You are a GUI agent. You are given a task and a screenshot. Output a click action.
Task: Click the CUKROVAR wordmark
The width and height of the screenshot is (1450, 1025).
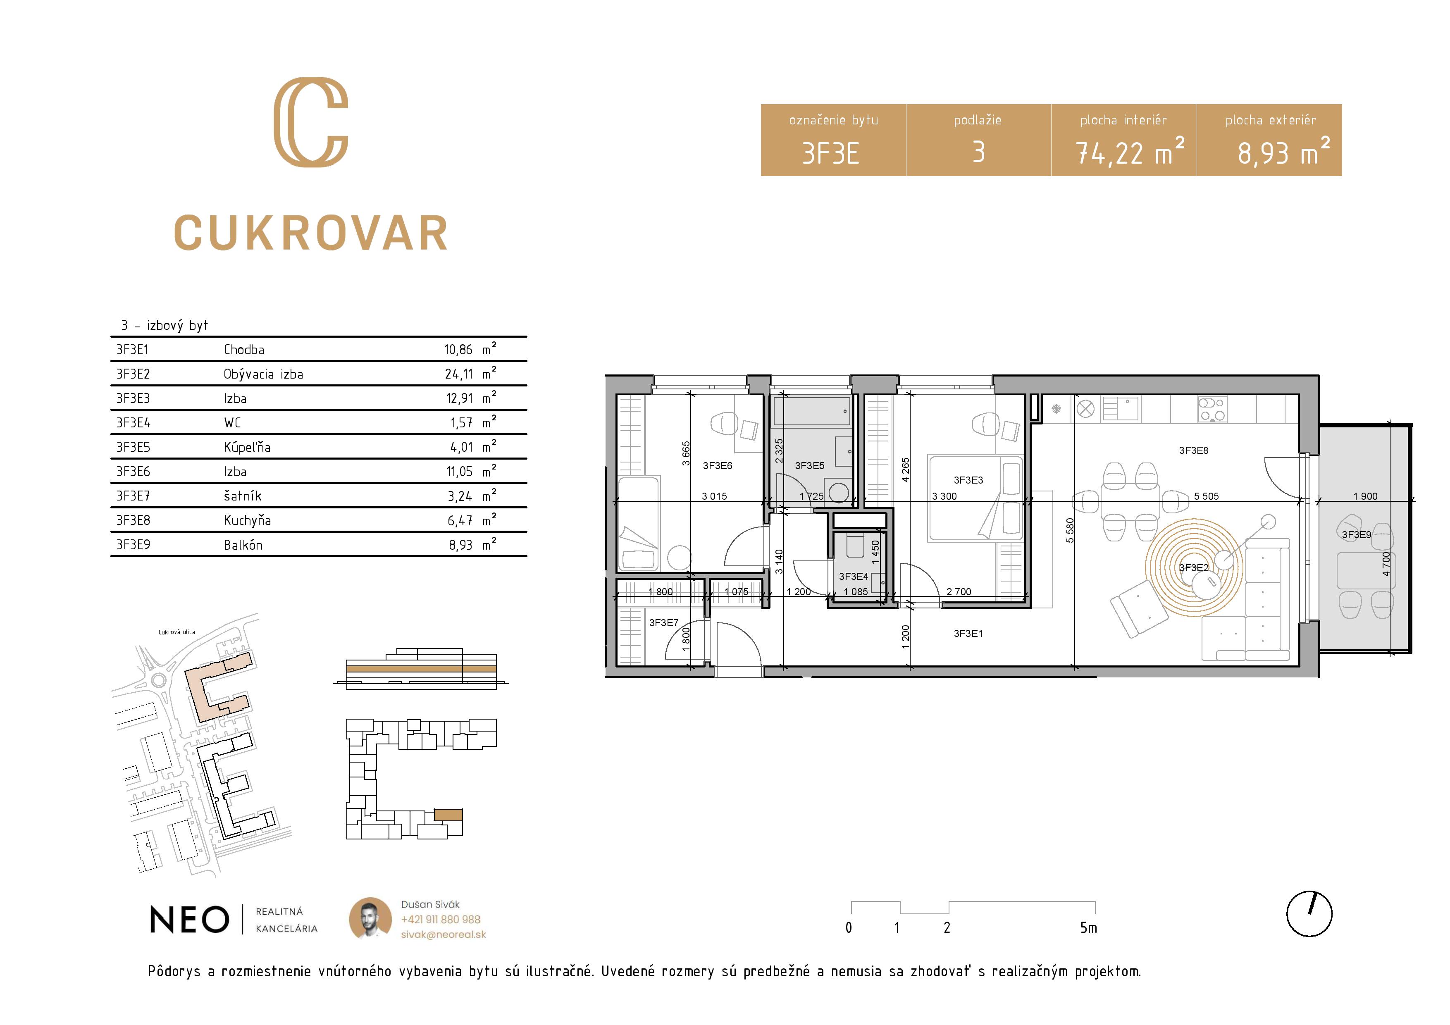[311, 233]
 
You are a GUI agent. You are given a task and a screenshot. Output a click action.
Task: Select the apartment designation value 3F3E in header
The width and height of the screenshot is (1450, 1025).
[830, 153]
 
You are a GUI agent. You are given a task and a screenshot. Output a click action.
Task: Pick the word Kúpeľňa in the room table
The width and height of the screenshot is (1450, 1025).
[247, 447]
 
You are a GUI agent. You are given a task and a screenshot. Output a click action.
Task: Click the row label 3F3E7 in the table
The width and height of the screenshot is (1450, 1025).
[133, 496]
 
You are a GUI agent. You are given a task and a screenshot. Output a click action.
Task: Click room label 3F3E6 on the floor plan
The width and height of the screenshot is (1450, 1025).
[718, 465]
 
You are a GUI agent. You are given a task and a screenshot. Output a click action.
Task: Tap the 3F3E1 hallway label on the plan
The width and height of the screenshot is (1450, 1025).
[968, 634]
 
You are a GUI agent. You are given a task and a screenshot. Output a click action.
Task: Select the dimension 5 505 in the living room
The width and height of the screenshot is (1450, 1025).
[1206, 496]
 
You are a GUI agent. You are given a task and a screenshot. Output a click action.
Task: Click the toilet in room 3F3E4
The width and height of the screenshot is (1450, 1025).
[854, 545]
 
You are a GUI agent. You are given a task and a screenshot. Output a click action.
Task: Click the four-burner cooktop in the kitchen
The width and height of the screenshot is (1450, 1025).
[1212, 409]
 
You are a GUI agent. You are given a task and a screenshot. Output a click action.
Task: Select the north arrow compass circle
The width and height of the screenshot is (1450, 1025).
[1309, 914]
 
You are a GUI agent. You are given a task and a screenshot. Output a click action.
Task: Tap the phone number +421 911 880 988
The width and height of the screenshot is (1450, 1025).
[440, 920]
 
